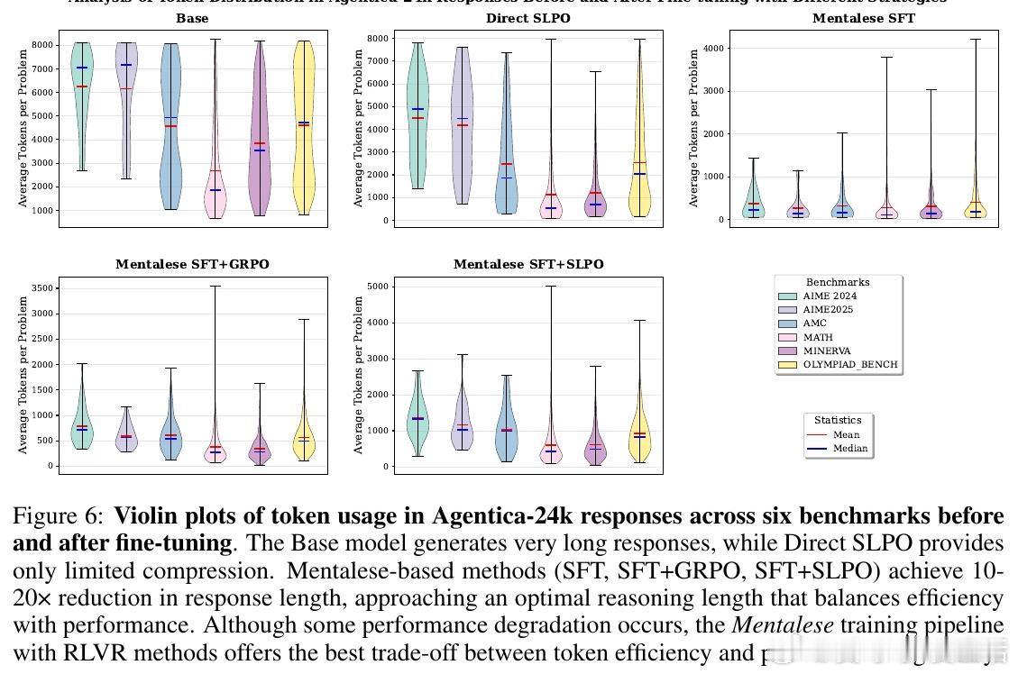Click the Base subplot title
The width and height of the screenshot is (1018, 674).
(x=191, y=18)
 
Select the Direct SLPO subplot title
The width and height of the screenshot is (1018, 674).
(x=527, y=18)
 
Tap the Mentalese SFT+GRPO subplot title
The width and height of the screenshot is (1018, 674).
(x=192, y=264)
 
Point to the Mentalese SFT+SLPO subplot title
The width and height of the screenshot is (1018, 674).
(x=528, y=264)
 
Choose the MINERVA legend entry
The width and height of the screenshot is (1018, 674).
(x=827, y=351)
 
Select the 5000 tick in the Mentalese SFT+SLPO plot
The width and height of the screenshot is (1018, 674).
(x=377, y=287)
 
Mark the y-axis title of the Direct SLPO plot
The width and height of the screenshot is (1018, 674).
(x=358, y=127)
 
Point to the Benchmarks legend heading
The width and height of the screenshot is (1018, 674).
(x=838, y=282)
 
